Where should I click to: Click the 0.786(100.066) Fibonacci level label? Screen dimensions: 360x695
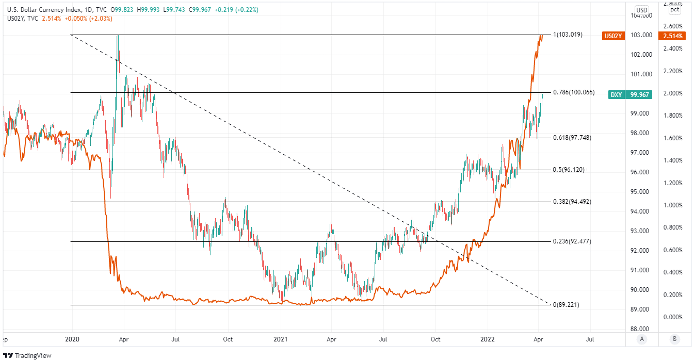[574, 92]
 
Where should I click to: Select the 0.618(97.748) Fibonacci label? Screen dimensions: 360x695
[572, 138]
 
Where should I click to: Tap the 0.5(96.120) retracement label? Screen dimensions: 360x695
[569, 170]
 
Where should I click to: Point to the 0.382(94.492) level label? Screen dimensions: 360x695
[572, 202]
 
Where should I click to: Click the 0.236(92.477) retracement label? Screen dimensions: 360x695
[572, 241]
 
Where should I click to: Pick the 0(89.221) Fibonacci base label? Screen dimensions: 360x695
[565, 305]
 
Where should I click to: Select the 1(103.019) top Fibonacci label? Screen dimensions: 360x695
[568, 35]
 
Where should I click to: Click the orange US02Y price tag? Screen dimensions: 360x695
[612, 36]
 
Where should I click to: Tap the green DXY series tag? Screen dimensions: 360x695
[616, 95]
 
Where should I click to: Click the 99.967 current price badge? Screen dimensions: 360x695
[640, 95]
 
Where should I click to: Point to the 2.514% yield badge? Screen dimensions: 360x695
[674, 36]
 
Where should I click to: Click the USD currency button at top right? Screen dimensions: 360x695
[642, 10]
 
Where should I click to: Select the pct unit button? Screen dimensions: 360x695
[674, 10]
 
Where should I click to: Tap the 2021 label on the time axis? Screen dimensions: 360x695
[281, 340]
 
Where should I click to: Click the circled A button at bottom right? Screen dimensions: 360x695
[642, 339]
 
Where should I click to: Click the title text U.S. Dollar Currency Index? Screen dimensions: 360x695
[44, 10]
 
